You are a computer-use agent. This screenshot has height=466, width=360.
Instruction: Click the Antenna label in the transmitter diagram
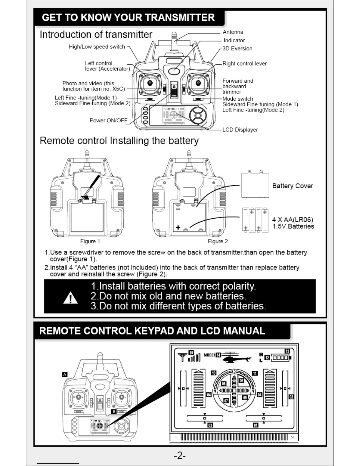click(x=233, y=32)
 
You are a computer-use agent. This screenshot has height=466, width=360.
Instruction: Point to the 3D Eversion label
click(x=237, y=49)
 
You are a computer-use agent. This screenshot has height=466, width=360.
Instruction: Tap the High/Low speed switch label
click(x=97, y=47)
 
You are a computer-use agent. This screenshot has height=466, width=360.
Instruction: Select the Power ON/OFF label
click(x=108, y=120)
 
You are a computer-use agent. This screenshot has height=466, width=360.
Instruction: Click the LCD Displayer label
click(x=240, y=130)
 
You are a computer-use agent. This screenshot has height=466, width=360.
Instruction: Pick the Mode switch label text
click(x=238, y=99)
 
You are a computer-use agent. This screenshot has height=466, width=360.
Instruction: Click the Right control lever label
click(x=244, y=64)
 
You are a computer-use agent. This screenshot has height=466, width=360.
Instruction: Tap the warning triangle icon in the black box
click(x=71, y=298)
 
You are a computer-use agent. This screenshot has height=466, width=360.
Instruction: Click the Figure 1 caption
click(x=90, y=241)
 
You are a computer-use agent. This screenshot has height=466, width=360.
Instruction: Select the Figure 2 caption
click(x=218, y=241)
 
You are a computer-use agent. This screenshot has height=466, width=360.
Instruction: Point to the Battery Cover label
click(x=292, y=186)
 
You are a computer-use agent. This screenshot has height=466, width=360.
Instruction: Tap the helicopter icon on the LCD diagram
click(x=236, y=357)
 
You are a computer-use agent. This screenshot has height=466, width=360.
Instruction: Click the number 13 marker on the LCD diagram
click(x=287, y=351)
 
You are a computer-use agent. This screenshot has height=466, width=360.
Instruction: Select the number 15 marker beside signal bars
click(x=191, y=353)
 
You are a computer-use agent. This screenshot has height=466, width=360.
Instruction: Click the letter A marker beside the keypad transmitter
click(x=65, y=375)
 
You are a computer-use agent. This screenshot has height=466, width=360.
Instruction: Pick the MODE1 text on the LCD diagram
click(x=209, y=355)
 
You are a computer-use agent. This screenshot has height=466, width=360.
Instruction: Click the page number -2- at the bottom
click(x=180, y=456)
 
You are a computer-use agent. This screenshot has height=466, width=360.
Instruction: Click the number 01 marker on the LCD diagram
click(x=256, y=425)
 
